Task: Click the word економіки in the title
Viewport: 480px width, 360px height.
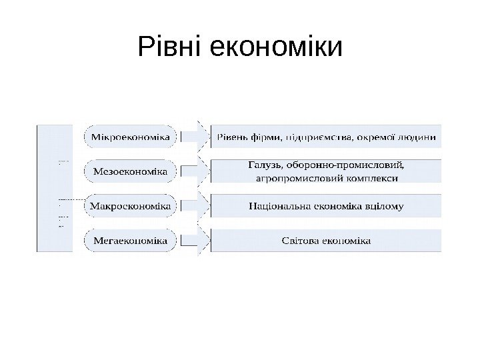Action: point(275,47)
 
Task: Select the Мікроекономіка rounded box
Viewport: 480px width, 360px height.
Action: point(131,138)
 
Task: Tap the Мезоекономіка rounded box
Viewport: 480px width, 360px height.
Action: point(131,171)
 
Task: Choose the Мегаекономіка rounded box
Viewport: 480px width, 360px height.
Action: point(131,240)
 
